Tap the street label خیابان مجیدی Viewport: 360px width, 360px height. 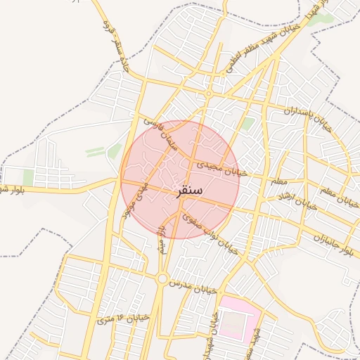(221, 167)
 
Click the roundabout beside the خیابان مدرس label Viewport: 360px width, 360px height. (162, 279)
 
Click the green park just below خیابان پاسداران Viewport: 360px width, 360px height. (247, 124)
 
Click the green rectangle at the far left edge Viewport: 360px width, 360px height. (28, 177)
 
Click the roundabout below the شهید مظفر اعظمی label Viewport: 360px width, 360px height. (209, 94)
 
